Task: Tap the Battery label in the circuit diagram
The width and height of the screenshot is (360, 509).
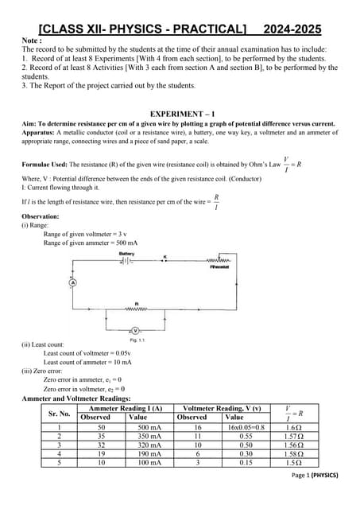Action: coord(126,254)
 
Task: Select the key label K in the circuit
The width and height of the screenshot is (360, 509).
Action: coord(165,257)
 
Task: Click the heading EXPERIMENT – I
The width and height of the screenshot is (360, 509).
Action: coord(180,114)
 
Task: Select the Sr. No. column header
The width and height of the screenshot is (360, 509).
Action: coord(60,414)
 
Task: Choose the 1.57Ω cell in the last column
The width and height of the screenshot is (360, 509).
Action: coord(292,437)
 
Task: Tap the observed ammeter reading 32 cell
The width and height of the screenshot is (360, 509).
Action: coord(101,445)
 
